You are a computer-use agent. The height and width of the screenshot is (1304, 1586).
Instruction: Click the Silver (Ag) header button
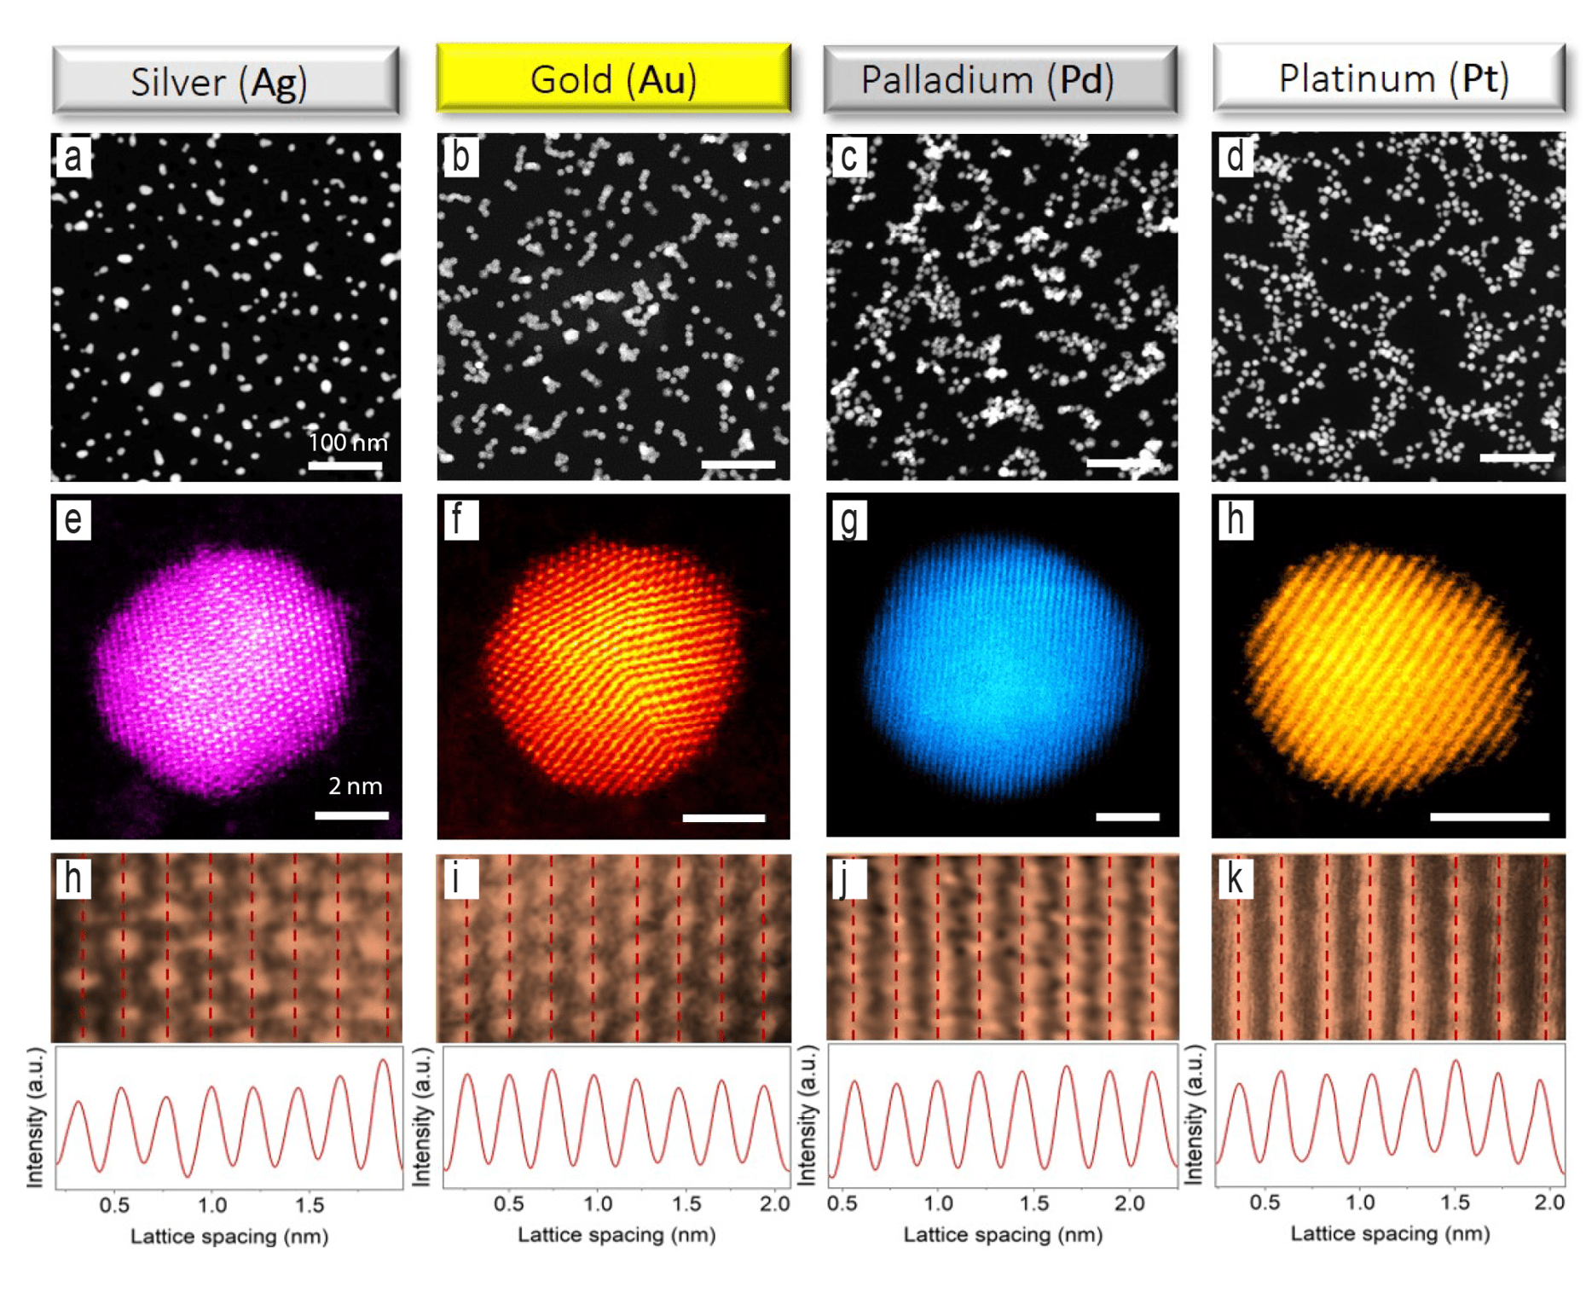pos(226,81)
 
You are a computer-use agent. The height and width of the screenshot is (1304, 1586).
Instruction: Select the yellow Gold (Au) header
pos(613,78)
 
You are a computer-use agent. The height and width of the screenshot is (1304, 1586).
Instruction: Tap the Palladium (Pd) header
pos(1000,79)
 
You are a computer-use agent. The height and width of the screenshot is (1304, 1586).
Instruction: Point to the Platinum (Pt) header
pos(1389,78)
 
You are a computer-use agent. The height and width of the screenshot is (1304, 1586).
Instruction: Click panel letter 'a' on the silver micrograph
pos(72,157)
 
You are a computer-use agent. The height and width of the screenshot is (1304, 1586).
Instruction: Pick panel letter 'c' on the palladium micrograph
pos(848,157)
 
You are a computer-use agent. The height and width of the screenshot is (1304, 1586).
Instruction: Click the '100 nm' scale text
pos(348,442)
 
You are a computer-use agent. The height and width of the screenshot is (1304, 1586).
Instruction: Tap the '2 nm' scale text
pos(356,785)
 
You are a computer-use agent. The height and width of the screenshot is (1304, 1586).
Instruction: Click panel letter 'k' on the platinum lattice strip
pos(1235,878)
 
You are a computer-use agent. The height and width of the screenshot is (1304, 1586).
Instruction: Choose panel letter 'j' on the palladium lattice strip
pos(847,878)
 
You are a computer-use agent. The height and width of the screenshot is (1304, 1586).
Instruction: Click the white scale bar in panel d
pos(1516,458)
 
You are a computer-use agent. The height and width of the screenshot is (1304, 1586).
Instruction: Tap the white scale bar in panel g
pos(1127,816)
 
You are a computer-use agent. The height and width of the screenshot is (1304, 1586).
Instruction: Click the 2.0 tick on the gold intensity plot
pos(774,1204)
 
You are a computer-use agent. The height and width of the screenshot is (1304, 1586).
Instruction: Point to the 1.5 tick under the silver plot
pos(310,1205)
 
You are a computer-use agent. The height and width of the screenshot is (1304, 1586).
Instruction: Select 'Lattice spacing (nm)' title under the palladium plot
pos(1003,1234)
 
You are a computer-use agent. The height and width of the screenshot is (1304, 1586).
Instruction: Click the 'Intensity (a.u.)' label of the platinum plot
pos(1194,1115)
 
